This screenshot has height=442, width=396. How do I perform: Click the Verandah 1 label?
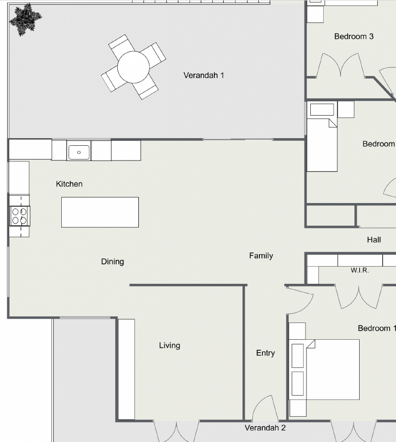(204, 75)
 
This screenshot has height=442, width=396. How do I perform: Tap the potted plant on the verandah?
(25, 19)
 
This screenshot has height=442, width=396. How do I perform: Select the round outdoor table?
(133, 67)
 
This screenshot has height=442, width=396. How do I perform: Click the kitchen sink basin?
(79, 152)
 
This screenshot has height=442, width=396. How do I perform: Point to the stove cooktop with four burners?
(20, 216)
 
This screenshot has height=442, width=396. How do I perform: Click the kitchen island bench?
(100, 212)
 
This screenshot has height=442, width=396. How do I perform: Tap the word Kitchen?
(69, 184)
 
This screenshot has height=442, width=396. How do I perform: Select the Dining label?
(113, 261)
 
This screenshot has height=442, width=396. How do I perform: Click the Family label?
(261, 256)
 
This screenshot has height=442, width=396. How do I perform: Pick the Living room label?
(170, 345)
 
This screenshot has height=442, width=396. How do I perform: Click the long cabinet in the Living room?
(126, 369)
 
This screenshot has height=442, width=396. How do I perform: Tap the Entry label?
(265, 353)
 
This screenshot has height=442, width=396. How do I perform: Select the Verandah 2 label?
(265, 428)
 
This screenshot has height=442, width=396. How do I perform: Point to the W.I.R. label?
(360, 270)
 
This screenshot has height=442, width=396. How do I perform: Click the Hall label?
(374, 240)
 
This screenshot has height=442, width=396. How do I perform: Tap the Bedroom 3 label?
(354, 36)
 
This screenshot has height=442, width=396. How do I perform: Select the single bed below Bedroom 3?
(322, 137)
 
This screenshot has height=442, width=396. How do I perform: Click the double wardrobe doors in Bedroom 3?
(340, 65)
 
